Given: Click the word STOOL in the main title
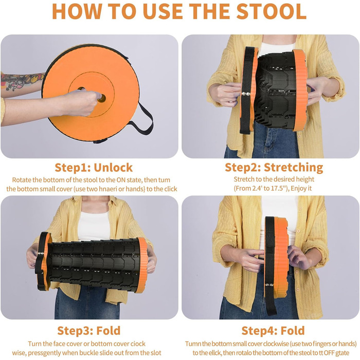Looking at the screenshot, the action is pos(271,11).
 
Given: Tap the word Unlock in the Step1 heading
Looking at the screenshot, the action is pos(113,168).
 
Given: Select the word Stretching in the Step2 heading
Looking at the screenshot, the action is pos(294,168).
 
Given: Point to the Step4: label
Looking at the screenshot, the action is pos(259,331).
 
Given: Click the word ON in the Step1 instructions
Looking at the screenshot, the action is pos(121,180).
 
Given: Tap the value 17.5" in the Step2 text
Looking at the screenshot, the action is pos(280,189).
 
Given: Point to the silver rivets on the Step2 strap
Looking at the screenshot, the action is pos(246,94).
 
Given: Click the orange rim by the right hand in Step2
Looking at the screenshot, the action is pos(300,90).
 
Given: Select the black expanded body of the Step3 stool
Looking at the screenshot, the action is pos(94,264).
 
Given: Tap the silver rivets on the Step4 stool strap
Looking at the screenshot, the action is pos(268,285).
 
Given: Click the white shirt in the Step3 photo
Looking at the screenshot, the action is pos(94,226).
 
